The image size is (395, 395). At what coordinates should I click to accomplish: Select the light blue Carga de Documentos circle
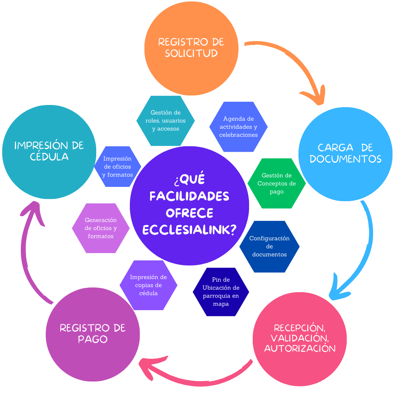click(345, 154)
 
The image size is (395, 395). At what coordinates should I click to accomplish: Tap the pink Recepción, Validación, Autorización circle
click(300, 338)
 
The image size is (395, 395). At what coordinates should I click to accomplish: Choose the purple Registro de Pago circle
click(93, 334)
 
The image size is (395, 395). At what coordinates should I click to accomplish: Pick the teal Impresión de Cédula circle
click(49, 151)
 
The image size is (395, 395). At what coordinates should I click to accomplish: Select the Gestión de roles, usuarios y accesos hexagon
click(165, 121)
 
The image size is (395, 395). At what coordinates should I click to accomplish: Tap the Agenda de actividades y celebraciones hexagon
click(238, 127)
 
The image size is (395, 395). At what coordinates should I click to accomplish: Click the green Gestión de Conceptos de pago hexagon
click(276, 184)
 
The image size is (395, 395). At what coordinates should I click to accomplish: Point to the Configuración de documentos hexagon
click(269, 247)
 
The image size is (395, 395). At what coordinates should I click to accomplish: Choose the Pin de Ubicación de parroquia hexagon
click(221, 292)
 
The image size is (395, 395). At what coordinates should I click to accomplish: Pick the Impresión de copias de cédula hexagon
click(148, 285)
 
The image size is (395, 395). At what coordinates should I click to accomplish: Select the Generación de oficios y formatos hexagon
click(101, 228)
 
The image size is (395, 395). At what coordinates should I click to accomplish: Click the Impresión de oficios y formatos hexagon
click(117, 167)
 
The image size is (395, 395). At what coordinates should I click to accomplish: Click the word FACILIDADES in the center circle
click(189, 196)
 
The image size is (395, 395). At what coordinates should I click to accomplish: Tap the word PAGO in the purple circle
click(93, 339)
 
